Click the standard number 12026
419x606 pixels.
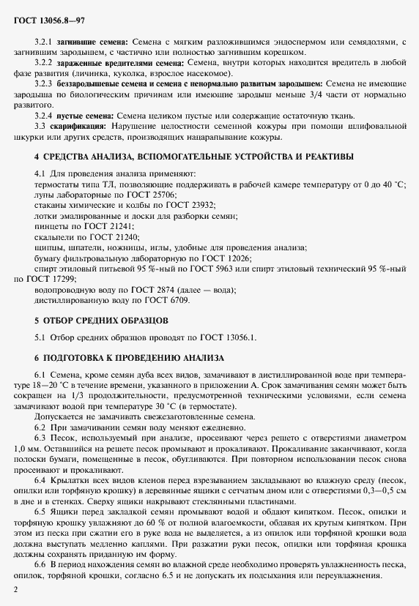pos(237,258)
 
